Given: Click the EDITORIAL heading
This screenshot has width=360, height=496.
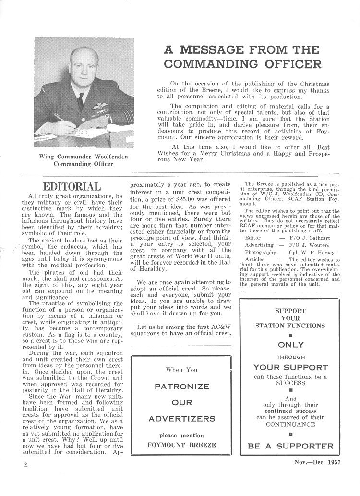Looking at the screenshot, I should pos(72,187).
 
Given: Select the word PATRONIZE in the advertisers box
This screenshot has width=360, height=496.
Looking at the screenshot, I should pos(181,386).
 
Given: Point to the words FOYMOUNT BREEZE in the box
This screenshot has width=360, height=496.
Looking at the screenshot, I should pos(181,444).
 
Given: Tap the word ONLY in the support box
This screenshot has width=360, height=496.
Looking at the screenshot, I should pos(291,345).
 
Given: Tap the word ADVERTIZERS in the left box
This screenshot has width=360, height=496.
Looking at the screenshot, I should pos(181,418).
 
